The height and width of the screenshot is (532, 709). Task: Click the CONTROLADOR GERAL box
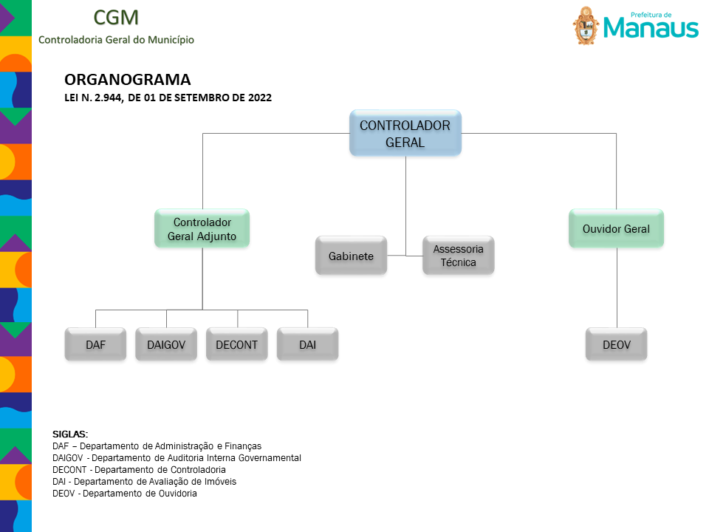(405, 133)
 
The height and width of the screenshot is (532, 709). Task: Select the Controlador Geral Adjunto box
(202, 228)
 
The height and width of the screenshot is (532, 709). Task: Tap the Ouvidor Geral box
(616, 228)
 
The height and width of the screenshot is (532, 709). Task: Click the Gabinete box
(352, 256)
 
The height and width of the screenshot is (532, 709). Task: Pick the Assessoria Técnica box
(459, 256)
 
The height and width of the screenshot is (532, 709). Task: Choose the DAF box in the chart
(95, 344)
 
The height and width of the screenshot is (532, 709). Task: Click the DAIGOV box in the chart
(166, 344)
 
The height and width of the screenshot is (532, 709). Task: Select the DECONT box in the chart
(237, 344)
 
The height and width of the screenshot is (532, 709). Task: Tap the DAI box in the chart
(307, 344)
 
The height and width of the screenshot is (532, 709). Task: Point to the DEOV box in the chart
(616, 344)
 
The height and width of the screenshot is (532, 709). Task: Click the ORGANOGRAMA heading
(128, 80)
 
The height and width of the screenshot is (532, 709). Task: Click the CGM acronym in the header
(116, 18)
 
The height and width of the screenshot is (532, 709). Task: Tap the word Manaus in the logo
(651, 27)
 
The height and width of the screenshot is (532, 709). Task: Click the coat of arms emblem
(586, 26)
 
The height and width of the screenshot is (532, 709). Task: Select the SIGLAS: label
(70, 434)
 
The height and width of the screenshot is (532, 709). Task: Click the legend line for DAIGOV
(177, 458)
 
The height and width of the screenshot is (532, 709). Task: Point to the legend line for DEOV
(125, 493)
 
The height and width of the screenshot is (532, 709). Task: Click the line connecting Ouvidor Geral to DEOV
(617, 287)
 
